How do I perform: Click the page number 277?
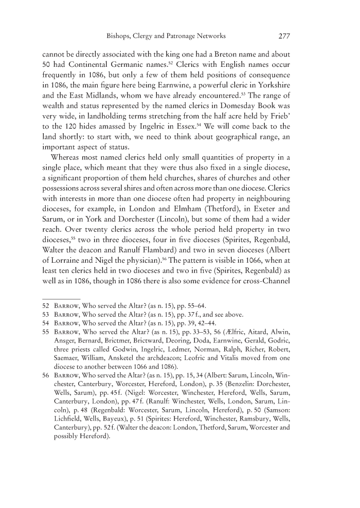pos(285,37)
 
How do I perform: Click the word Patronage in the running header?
pos(180,37)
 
